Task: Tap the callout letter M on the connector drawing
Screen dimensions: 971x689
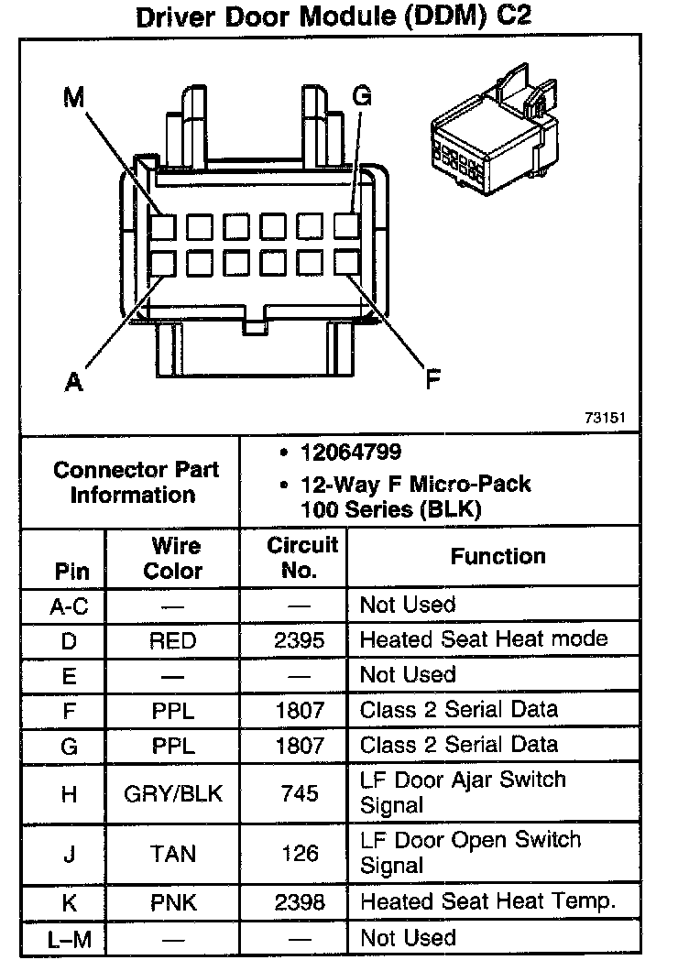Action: click(72, 97)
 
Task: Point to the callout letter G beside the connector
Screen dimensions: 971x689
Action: click(362, 96)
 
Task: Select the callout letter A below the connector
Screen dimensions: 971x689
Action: click(74, 381)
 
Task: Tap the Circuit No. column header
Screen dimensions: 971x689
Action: click(302, 557)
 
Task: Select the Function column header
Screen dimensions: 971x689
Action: click(498, 556)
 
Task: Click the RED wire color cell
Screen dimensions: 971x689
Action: click(173, 640)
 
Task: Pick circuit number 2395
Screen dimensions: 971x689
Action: click(300, 640)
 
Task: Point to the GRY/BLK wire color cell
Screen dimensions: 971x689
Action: click(173, 793)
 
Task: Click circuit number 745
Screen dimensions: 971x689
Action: click(300, 793)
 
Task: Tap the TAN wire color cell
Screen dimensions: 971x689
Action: click(173, 853)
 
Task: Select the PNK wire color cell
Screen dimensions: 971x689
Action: click(173, 902)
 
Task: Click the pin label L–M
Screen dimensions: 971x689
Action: click(70, 939)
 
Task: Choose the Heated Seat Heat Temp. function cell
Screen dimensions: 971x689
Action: click(487, 901)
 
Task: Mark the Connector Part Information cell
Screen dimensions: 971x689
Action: click(136, 483)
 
